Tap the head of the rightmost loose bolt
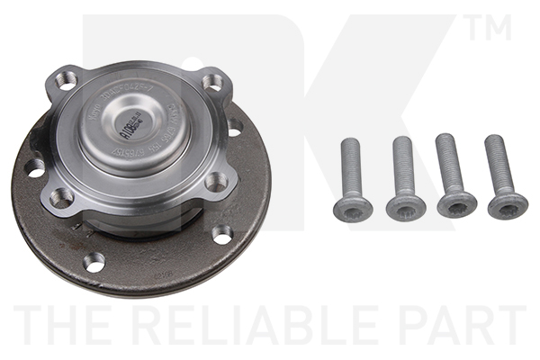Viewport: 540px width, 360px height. tap(508, 204)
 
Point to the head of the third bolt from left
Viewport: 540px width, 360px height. tap(456, 203)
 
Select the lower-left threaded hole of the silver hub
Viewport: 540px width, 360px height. tap(62, 197)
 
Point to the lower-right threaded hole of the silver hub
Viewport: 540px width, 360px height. tap(215, 182)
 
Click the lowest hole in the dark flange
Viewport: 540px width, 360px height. tap(94, 262)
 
